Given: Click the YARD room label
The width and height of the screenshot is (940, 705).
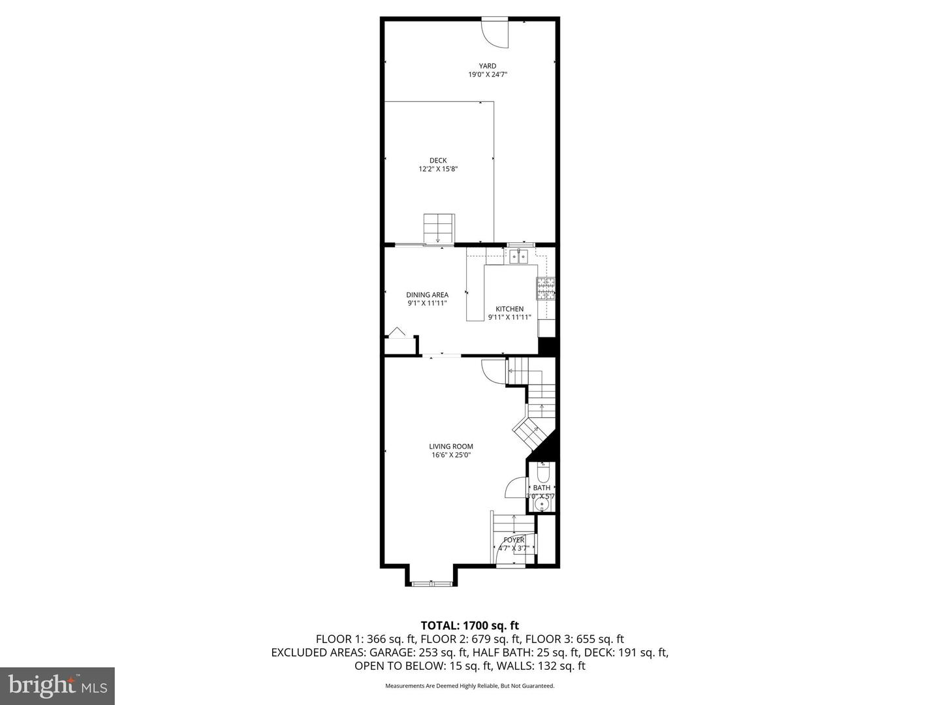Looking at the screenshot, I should coord(487,66).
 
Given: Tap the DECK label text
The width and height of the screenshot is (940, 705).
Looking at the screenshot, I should coord(438,161).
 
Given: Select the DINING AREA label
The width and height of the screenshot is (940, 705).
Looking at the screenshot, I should coord(427,295).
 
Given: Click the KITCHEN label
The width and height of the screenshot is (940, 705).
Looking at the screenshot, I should coord(509,309).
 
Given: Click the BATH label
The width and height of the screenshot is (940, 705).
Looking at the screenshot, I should coord(541,488).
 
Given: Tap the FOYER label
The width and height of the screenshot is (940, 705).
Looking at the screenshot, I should coord(513,540).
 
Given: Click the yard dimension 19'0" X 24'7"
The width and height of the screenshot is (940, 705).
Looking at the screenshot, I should coord(487,75).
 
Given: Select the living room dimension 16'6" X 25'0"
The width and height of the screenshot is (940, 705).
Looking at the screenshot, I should coord(450,456).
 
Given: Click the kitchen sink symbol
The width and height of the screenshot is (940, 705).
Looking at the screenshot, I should coord(520,255).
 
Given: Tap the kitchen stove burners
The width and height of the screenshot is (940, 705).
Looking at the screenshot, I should coord(545,289).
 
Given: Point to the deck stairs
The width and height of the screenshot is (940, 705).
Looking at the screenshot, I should coord(438,228).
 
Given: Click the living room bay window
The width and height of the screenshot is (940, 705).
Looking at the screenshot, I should coord(431,580).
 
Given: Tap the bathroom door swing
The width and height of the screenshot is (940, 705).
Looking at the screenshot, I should coord(517,489).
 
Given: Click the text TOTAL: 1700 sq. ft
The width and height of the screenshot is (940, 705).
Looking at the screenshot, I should coord(470,625).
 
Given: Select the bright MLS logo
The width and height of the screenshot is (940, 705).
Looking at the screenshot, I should coord(57,685).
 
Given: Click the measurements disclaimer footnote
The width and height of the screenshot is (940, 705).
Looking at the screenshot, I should coord(469,686).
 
